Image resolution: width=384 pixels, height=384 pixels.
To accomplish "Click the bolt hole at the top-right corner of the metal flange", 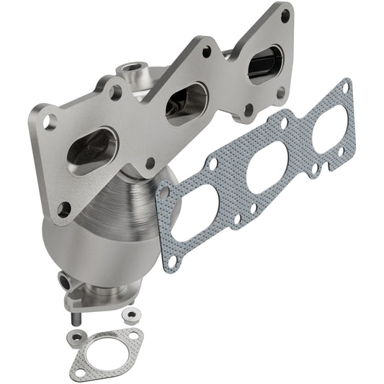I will (285, 14).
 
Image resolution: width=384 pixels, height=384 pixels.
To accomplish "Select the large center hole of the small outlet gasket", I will (106, 347).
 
